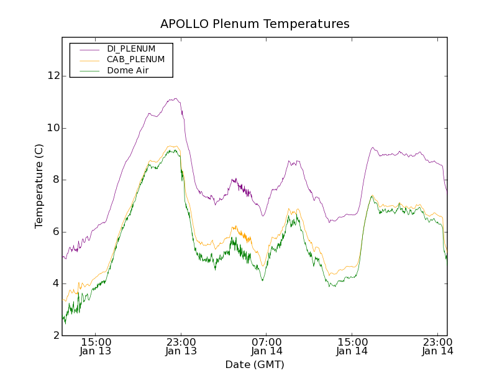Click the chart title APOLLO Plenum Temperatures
[255, 24]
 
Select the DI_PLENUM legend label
[131, 48]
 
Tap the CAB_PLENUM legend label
[135, 60]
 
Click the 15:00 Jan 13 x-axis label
[96, 346]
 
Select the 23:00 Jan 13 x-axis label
[181, 346]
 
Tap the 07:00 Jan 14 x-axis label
[267, 346]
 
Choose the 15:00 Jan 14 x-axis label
[352, 346]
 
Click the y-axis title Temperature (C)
[39, 186]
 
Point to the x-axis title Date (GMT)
[255, 364]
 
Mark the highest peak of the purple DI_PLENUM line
[176, 98]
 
